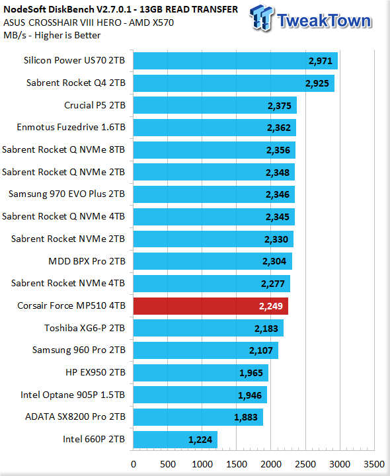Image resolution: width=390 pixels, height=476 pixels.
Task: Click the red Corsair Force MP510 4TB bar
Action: click(x=211, y=306)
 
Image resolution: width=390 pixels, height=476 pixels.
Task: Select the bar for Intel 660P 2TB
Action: click(x=175, y=440)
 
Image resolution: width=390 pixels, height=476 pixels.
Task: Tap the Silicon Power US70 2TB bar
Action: click(x=235, y=61)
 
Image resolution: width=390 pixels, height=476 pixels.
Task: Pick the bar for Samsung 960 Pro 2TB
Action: click(x=206, y=350)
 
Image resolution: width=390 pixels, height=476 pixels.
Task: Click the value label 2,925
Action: click(x=317, y=83)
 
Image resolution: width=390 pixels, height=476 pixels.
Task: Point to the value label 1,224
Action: click(x=200, y=440)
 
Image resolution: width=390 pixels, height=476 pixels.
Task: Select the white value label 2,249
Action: click(x=271, y=306)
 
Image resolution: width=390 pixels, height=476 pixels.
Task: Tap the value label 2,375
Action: click(x=279, y=106)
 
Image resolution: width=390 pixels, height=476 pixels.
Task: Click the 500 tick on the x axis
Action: click(x=168, y=464)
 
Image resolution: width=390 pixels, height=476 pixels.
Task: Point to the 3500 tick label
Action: click(x=374, y=464)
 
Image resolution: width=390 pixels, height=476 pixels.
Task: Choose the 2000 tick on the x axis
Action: click(x=271, y=464)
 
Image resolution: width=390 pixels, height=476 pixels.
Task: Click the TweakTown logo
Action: click(x=311, y=19)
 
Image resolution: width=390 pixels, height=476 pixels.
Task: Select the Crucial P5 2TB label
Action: click(x=95, y=105)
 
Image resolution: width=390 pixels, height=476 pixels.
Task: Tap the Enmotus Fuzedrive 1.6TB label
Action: click(x=71, y=127)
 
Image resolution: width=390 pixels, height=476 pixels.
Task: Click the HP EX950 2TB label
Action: click(x=95, y=372)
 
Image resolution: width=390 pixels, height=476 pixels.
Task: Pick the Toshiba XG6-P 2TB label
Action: click(x=85, y=328)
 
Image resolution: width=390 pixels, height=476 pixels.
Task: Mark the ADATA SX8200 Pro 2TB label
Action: click(x=75, y=416)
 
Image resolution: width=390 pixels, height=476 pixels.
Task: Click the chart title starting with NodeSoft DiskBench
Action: click(x=121, y=9)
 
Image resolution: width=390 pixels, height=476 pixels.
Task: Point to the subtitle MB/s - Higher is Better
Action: click(x=52, y=35)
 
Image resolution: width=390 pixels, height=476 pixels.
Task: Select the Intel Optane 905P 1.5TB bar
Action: click(x=200, y=395)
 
